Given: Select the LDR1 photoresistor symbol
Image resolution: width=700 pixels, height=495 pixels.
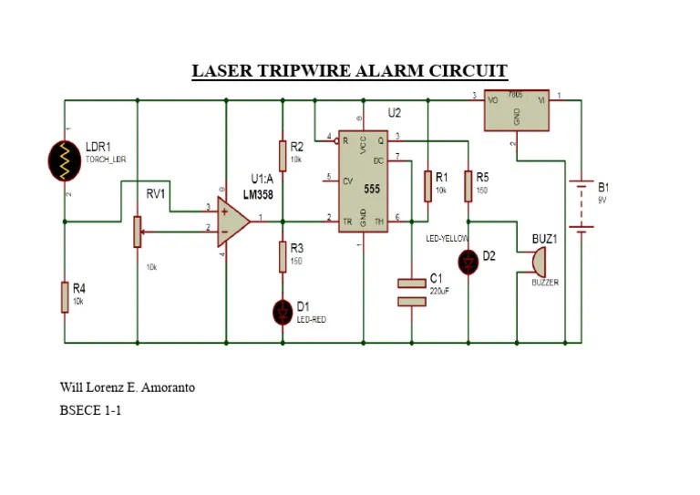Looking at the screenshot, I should coord(65,159).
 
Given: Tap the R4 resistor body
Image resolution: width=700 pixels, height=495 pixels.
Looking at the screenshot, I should coord(65,297).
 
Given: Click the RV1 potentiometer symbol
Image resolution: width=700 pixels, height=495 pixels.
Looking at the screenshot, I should coord(138,231).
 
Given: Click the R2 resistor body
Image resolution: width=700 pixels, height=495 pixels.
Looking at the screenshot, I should coord(283,154).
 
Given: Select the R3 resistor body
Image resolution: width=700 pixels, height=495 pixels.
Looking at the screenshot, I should coord(283,257).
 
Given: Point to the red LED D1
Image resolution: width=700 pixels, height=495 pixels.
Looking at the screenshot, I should coord(283,313).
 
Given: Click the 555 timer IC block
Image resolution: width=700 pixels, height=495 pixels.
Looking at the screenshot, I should coord(363,180).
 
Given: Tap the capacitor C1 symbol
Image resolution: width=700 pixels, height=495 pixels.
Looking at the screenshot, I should coord(412,292).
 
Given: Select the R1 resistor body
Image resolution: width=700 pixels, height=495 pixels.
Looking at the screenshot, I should coord(426,185).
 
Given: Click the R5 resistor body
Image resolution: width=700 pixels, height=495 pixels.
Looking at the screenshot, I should coord(468,185).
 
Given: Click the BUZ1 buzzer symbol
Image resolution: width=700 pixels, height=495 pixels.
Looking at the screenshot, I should coord(539,261).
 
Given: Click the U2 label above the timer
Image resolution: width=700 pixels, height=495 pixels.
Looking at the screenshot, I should coord(394,113).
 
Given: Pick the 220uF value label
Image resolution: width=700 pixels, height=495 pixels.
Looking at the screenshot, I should coord(439,290).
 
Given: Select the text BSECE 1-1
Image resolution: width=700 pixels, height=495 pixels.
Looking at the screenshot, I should coord(90,411).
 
